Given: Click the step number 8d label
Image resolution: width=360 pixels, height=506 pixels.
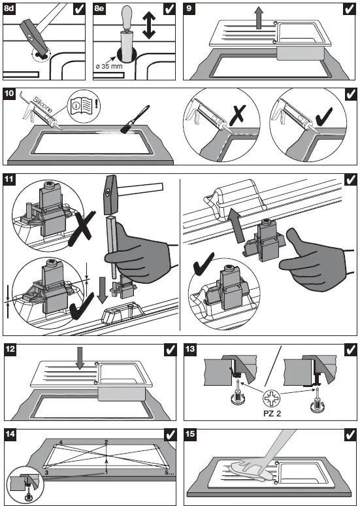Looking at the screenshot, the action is pyautogui.click(x=9, y=8).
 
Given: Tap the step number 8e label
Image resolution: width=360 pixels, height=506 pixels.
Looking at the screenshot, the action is pyautogui.click(x=99, y=8).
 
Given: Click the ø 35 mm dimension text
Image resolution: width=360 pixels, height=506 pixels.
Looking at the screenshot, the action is pyautogui.click(x=109, y=67).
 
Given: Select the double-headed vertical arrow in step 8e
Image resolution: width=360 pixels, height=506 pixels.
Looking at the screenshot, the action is pyautogui.click(x=149, y=25).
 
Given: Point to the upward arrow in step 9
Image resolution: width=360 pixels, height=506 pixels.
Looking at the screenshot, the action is pyautogui.click(x=258, y=18).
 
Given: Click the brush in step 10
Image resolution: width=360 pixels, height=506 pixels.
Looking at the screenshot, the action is pyautogui.click(x=135, y=120).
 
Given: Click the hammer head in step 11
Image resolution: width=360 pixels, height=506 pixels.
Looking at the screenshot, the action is pyautogui.click(x=110, y=194).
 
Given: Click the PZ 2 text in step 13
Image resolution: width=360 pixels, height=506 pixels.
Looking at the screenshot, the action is pyautogui.click(x=272, y=413).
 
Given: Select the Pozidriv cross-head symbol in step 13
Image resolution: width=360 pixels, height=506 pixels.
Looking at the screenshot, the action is pyautogui.click(x=272, y=399).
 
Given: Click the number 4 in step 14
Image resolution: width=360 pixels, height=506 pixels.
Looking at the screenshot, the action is pyautogui.click(x=61, y=442).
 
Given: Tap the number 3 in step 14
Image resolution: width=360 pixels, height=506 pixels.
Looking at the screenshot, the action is pyautogui.click(x=47, y=472).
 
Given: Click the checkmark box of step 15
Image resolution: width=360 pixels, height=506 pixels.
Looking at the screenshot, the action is pyautogui.click(x=350, y=435).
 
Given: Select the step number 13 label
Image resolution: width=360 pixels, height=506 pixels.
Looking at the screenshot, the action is pyautogui.click(x=190, y=349).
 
